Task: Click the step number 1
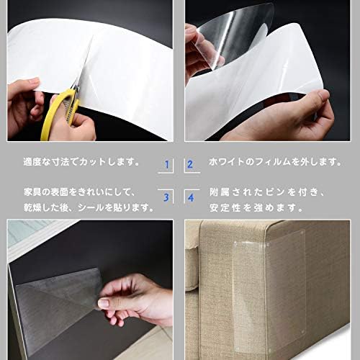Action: click(x=167, y=164)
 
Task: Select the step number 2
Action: click(x=190, y=164)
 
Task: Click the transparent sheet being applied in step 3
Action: click(x=58, y=295)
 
